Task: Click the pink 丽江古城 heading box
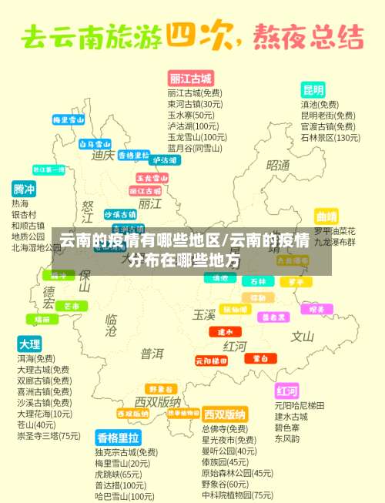[190, 79]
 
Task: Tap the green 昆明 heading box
[313, 89]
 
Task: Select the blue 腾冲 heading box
[24, 189]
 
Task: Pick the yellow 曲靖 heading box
[326, 216]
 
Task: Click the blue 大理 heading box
[29, 344]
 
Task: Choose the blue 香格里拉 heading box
[118, 438]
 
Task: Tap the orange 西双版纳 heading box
[224, 414]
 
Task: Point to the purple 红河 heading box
[286, 390]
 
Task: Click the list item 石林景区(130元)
[330, 138]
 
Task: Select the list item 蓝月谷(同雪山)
[195, 148]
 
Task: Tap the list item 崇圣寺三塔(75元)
[49, 436]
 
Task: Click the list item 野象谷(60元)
[225, 485]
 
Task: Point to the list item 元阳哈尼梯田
[300, 405]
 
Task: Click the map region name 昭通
[278, 166]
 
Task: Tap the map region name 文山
[302, 336]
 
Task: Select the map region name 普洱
[152, 354]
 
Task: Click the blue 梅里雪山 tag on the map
[68, 120]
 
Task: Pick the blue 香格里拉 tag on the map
[133, 155]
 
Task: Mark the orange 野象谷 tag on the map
[162, 388]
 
